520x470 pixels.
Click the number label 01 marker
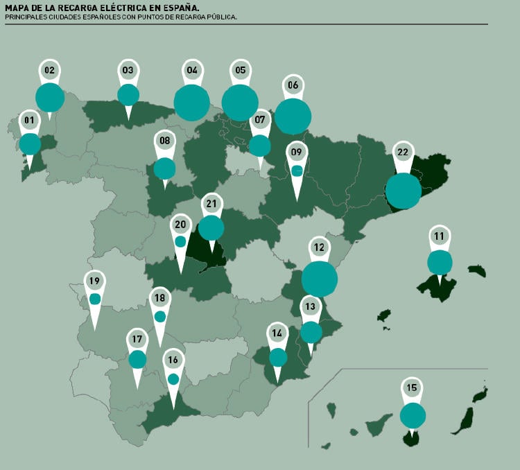(x=29, y=120)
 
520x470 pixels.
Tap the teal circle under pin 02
(x=50, y=98)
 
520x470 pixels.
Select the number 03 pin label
(x=128, y=70)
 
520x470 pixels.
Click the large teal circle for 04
(x=192, y=103)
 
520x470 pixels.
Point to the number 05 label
(x=241, y=70)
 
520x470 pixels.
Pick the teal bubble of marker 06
(x=293, y=116)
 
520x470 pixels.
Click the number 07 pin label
(x=260, y=120)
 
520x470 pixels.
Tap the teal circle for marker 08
(x=164, y=168)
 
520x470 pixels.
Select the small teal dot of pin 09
(x=297, y=171)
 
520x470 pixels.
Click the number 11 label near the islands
(x=440, y=236)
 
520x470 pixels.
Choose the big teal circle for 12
(x=320, y=279)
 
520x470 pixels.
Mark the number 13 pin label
(x=310, y=306)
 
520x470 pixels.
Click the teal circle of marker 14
(x=278, y=357)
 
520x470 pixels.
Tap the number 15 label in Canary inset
(x=413, y=388)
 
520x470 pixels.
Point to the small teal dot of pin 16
(x=173, y=379)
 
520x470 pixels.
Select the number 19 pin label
(x=95, y=281)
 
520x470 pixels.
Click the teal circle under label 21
(x=211, y=227)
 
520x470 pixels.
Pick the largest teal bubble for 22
(x=403, y=191)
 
